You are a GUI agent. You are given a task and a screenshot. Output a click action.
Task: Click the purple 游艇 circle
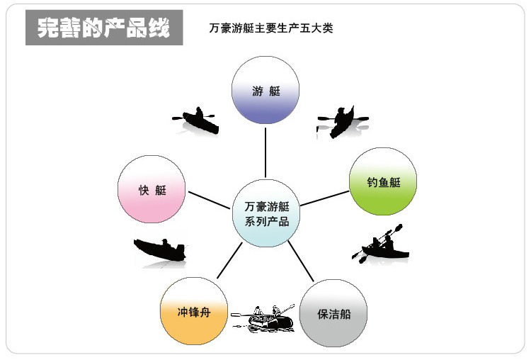tap(266, 91)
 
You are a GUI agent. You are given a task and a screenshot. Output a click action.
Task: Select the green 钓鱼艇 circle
tap(384, 182)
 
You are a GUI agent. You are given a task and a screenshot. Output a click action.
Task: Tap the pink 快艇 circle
tap(152, 189)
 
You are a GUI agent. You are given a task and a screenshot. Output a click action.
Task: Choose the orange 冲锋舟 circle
tap(194, 312)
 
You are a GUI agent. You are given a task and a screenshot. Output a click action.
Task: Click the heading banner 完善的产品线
tap(104, 28)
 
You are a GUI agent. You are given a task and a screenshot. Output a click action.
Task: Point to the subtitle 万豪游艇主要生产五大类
tap(271, 29)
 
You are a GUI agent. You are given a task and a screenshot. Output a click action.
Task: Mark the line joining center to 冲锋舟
tap(229, 261)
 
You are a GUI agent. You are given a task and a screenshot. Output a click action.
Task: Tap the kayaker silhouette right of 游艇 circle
tap(343, 119)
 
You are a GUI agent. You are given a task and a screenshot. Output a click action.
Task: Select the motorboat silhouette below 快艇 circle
tap(160, 250)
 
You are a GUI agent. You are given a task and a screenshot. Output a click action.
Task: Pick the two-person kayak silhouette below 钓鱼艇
tap(383, 244)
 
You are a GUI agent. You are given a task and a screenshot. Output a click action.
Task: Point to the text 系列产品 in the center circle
tap(266, 222)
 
